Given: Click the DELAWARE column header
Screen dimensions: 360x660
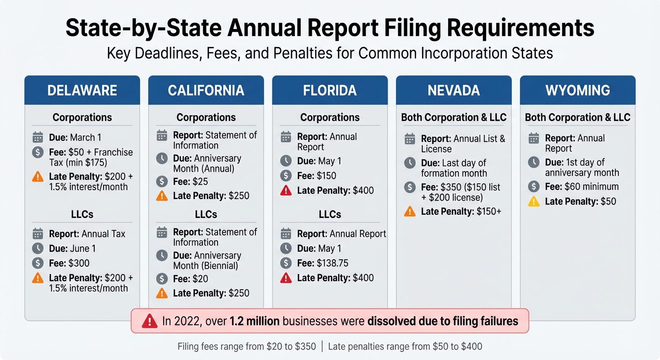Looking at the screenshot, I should coord(82,90).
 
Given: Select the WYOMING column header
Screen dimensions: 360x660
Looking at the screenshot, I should coord(577,90).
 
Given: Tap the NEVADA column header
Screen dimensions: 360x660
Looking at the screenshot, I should coord(454,90).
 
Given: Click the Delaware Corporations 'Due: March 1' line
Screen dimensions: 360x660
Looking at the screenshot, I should coord(75,137).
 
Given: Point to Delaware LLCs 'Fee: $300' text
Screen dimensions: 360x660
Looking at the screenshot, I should coord(69,263).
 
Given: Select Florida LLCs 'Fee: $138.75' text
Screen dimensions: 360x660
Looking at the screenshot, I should coord(322,263).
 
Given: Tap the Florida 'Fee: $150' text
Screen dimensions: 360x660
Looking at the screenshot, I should coord(316,176).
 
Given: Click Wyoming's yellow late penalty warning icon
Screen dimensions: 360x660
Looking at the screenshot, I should coord(533,202).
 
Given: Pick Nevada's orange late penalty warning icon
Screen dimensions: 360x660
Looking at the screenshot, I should coord(410,211).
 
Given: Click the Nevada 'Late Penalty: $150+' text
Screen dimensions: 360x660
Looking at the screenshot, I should coord(461,211).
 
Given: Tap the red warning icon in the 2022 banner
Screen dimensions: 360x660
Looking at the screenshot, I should coord(149,321).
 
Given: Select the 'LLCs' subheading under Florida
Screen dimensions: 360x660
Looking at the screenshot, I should coord(330,214).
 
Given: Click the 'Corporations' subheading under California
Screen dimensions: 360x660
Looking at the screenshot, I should coord(206,117).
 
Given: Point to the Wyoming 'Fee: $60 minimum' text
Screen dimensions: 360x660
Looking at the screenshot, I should coord(581,187).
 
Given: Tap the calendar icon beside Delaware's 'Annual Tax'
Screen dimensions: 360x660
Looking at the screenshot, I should coord(38,233).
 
